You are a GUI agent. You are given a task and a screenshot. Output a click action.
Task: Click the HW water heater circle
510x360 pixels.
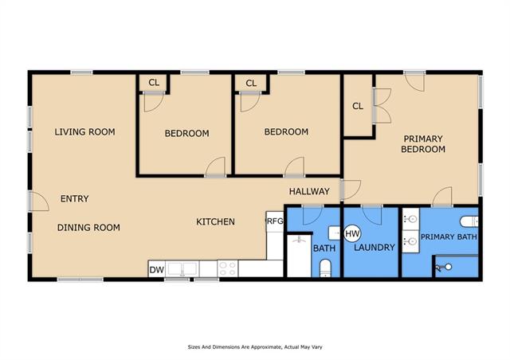352,233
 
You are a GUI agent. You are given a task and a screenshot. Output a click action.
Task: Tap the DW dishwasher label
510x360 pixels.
157,270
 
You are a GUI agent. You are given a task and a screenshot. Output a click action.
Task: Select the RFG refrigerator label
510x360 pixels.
275,221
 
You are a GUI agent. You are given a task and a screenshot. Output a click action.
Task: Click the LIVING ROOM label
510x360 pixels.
85,131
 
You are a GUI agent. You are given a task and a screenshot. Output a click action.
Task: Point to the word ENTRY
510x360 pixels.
74,198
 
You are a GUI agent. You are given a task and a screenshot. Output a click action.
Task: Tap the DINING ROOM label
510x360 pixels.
88,227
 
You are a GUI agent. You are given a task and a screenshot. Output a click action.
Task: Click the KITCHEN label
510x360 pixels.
215,221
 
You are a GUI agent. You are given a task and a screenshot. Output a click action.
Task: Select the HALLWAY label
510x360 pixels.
309,191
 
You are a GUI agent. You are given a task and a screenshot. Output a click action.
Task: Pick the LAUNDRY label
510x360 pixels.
375,248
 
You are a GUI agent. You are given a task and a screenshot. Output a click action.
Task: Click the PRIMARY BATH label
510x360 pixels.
449,237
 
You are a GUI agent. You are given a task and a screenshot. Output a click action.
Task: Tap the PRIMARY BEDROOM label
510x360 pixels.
423,143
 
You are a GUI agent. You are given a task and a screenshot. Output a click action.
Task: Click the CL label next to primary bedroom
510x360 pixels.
358,106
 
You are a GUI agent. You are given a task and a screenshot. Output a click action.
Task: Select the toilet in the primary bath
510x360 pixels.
469,221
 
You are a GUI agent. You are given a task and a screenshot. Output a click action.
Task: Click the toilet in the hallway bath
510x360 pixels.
325,268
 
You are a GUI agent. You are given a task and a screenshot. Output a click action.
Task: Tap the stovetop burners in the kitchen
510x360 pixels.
228,268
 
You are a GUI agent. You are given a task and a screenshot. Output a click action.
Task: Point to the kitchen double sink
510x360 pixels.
182,269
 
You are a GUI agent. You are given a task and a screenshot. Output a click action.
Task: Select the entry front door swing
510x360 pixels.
39,202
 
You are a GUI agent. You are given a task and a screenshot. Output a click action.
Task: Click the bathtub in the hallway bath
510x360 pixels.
299,256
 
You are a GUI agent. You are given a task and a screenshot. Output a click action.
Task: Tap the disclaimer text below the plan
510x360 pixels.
255,347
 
